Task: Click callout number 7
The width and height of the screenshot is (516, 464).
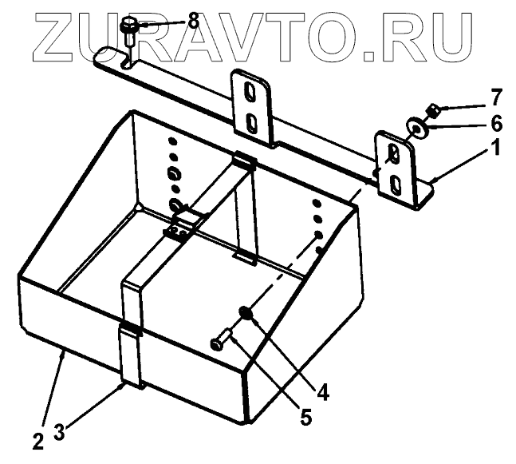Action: tap(496, 98)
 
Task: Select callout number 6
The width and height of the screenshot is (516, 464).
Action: tap(496, 124)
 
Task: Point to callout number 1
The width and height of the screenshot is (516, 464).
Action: tap(496, 148)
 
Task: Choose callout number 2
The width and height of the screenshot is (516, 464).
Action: tap(37, 439)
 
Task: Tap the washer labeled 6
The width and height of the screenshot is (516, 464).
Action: tap(416, 126)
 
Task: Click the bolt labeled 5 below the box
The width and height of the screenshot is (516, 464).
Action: tap(223, 339)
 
